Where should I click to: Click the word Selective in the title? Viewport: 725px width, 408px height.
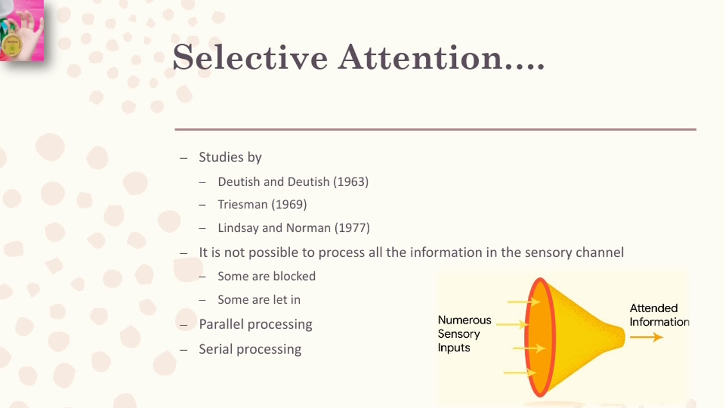point(250,58)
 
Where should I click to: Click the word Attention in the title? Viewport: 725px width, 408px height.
point(421,58)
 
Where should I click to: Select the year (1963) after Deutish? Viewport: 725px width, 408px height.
point(351,182)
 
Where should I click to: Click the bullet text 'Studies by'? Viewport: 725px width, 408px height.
point(230,158)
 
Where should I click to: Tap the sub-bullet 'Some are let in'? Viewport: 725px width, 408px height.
point(259,300)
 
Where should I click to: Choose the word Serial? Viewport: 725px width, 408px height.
point(214,349)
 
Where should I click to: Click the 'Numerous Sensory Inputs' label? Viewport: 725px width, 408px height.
point(464,334)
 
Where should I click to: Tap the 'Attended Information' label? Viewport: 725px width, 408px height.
point(659,315)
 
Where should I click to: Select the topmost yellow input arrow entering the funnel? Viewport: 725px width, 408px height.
point(522,302)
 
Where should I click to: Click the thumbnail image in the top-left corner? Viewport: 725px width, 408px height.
point(22,30)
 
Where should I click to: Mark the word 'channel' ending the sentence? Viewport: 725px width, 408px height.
point(599,252)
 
